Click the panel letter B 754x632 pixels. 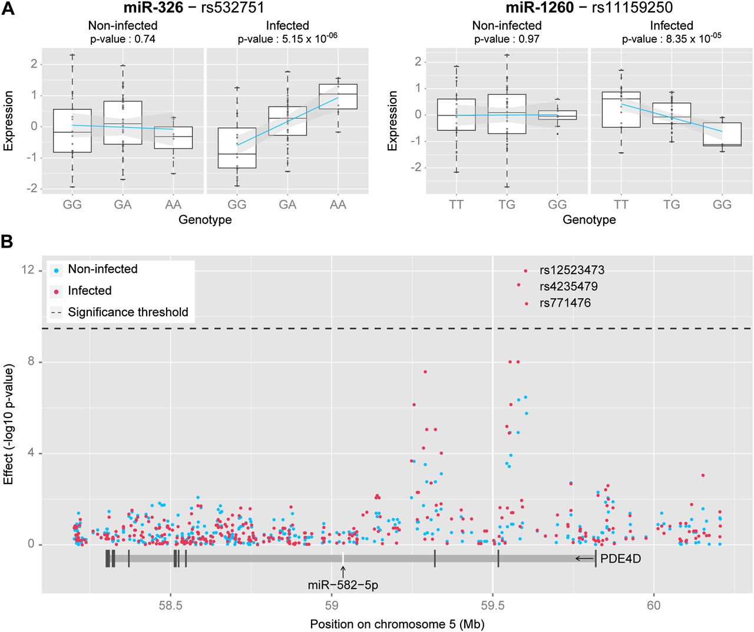coord(8,242)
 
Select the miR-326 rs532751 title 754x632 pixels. coord(193,8)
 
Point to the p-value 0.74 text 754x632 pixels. coord(123,39)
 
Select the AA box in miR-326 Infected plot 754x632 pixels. coord(338,96)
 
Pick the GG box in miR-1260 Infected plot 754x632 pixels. coord(722,134)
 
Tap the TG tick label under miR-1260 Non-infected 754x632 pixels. coord(507,205)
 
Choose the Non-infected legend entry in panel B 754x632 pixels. coord(102,269)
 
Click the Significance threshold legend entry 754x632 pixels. coord(128,312)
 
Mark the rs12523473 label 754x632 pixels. coord(571,271)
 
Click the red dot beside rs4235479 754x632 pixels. coord(518,285)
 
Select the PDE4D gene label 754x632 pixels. coord(620,558)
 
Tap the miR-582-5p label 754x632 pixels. coord(343,585)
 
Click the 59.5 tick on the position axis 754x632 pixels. coord(492,605)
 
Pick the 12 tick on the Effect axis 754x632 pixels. coord(28,270)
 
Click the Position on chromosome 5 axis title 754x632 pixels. coord(397,624)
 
